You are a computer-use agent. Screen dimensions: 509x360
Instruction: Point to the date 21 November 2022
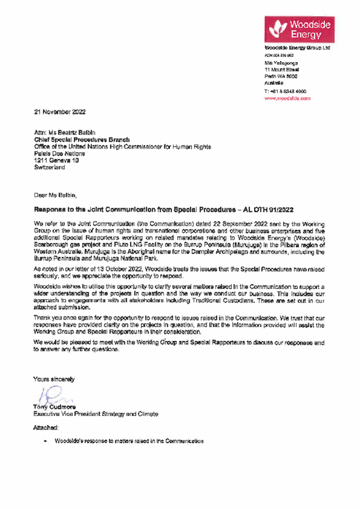[x=60, y=112]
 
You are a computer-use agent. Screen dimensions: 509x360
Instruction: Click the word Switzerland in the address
[x=49, y=167]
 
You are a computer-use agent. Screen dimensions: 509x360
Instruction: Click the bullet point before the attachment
[x=44, y=442]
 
